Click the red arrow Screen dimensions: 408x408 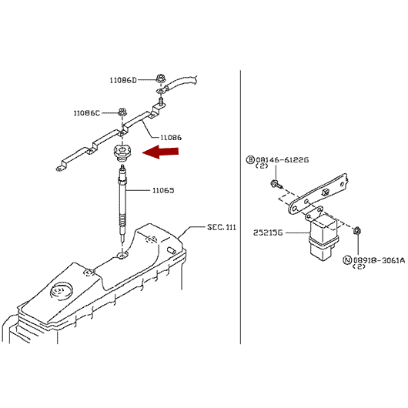(161, 152)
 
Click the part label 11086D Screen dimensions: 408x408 (123, 80)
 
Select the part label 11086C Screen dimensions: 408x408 (87, 113)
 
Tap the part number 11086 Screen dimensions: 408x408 (171, 137)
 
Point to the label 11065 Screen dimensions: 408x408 (163, 190)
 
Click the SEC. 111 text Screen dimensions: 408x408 (222, 227)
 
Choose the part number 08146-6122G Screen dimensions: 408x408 (283, 160)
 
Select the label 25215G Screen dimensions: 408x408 (268, 232)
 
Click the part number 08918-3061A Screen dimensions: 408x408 (379, 260)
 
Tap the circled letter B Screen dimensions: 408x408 (250, 160)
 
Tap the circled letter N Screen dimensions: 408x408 (347, 260)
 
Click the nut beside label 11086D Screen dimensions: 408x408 (160, 79)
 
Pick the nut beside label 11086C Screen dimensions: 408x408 (122, 112)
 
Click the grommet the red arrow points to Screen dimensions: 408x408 (122, 152)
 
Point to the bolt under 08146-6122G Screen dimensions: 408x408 (276, 185)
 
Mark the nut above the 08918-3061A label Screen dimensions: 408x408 (357, 230)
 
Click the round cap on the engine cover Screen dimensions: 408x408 (62, 289)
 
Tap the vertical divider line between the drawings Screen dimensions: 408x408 (240, 207)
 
